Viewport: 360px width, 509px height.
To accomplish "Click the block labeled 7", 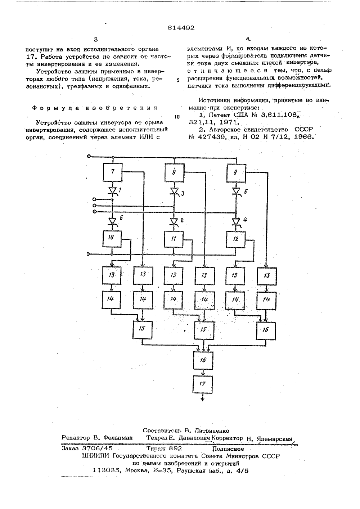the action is click(x=113, y=172).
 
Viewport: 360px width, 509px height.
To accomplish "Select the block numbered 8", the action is click(x=174, y=173).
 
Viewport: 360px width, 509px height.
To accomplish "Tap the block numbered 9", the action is click(x=236, y=173).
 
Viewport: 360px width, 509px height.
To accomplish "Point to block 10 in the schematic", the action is click(x=112, y=239).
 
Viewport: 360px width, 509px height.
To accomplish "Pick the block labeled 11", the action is click(x=174, y=239).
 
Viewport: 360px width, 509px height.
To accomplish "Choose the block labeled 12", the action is click(x=236, y=239).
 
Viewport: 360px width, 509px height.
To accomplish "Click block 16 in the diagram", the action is click(x=203, y=360).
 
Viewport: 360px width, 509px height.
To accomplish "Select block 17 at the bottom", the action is click(x=203, y=384).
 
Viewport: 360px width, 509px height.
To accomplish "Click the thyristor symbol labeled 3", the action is click(x=175, y=192).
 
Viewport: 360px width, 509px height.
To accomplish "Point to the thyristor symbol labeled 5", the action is click(x=237, y=192).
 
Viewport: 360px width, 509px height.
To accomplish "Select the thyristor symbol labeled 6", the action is click(x=112, y=221).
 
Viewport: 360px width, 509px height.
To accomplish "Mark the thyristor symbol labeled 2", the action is click(x=174, y=221).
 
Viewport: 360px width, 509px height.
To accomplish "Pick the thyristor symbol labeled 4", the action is click(x=236, y=221).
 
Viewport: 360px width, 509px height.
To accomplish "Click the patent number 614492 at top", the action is click(x=181, y=28).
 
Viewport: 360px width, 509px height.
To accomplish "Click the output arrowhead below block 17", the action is click(x=203, y=399).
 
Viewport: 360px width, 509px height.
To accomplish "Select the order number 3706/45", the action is click(x=98, y=448).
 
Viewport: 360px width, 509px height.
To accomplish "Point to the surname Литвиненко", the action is click(x=211, y=431).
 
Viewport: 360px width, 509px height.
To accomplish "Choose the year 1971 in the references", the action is click(x=229, y=122).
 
